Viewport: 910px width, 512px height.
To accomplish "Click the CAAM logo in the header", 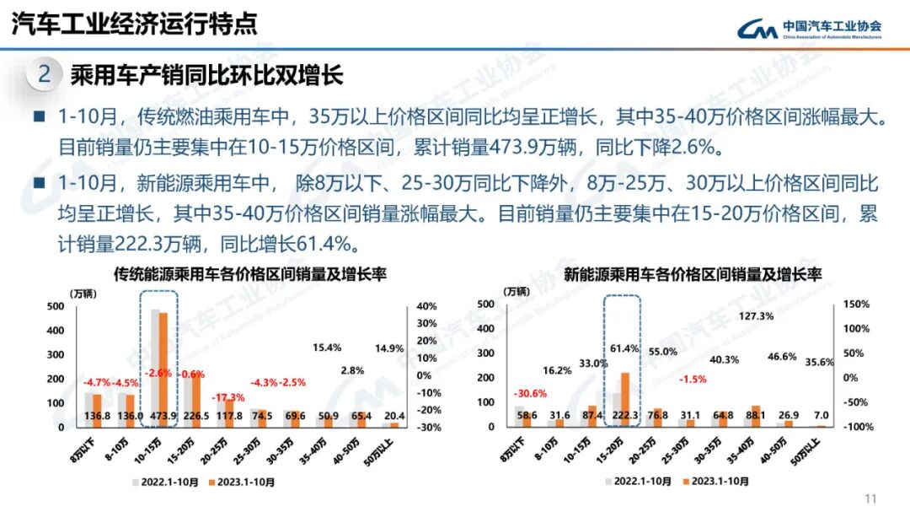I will point(809,30).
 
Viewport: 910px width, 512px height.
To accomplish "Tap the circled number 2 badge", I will point(45,74).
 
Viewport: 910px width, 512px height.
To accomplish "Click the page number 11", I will point(871,497).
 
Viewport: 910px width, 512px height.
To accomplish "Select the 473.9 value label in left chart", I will point(158,415).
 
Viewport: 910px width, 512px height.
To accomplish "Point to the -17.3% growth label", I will point(229,397).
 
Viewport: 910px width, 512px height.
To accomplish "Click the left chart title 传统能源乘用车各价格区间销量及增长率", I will point(244,274).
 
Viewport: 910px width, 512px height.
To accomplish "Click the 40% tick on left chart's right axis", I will point(426,306).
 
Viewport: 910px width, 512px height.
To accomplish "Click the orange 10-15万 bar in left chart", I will point(163,369).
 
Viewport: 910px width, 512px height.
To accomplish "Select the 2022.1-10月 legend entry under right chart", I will point(639,482).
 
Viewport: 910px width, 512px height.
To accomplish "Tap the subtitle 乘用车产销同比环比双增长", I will point(207,75).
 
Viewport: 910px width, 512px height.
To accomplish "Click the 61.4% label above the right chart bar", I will point(620,348).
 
